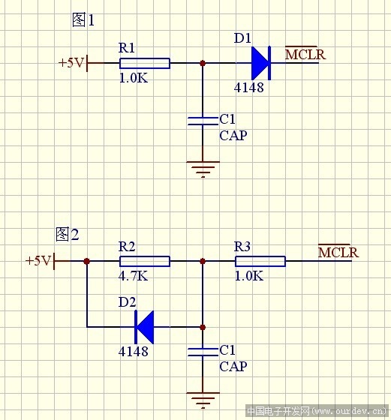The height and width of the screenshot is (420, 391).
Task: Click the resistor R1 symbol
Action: coord(145,64)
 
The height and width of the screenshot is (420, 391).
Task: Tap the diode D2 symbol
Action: coord(144,327)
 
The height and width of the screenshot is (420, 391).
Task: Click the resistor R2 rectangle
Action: coord(145,261)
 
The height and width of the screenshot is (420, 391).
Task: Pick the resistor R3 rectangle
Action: coord(260,261)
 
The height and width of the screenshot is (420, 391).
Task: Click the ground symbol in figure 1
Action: coord(203,169)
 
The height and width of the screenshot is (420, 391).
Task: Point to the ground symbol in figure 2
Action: coord(203,400)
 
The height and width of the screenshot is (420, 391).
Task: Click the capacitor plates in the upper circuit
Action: coord(203,121)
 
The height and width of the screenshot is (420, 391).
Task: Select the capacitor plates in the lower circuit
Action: coord(203,352)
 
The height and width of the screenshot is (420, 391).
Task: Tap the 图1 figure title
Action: coord(83,19)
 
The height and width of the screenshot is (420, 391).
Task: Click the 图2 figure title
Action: coord(68,234)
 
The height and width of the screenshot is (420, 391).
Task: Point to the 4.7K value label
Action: coord(133,276)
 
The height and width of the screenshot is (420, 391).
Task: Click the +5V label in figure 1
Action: coord(71,63)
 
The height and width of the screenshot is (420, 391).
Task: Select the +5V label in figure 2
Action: coord(38,260)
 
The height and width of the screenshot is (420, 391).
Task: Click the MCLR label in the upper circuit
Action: coord(305,54)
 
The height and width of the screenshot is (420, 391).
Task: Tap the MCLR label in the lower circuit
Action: coord(338,252)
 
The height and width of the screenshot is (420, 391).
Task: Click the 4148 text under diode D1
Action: coord(249,88)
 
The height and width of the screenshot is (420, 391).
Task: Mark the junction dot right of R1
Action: coord(203,64)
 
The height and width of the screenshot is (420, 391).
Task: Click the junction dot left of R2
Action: coord(87,261)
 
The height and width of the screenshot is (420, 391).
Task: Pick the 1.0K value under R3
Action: coord(249,276)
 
